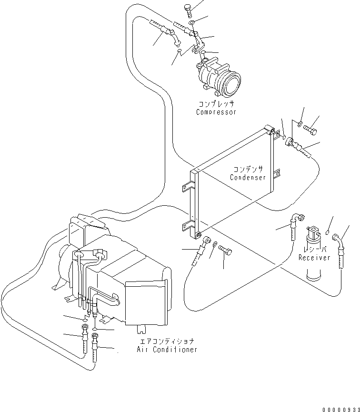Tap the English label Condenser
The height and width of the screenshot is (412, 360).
coord(248,178)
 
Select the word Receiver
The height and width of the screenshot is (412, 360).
coord(314,258)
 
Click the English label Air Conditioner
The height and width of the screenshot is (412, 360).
coord(166,350)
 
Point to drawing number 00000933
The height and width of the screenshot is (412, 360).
coord(340,409)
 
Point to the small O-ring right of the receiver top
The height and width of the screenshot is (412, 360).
coord(328,232)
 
